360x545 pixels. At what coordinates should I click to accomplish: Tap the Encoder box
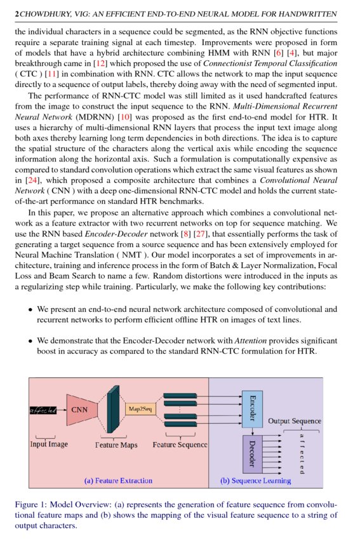[252, 407]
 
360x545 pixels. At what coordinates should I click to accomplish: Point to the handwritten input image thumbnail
[44, 410]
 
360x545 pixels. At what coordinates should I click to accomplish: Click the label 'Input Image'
[49, 444]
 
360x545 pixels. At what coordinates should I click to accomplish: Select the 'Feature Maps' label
[116, 445]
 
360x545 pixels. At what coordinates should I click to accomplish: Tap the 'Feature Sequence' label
[180, 445]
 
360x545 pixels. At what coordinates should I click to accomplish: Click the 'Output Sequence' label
[294, 421]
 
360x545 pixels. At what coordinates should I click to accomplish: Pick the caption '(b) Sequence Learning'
[255, 480]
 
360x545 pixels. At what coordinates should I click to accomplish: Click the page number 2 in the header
[16, 13]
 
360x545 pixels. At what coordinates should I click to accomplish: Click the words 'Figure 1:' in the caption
[31, 504]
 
